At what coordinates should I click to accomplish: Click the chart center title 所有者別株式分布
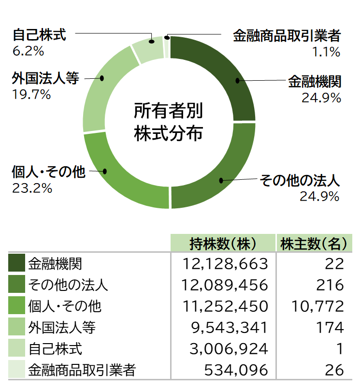169,122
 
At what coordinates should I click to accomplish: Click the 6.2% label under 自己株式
28,51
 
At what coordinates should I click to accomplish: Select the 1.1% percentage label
327,52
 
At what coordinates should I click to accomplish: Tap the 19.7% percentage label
31,94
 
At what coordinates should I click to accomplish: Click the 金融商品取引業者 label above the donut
287,36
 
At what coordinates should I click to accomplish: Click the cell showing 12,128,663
226,263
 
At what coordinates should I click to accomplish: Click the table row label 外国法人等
62,327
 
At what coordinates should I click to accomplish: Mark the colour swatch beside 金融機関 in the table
17,263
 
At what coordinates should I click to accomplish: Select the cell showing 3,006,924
229,348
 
